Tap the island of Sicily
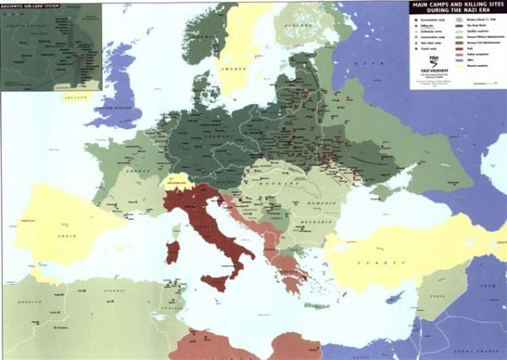214,281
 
